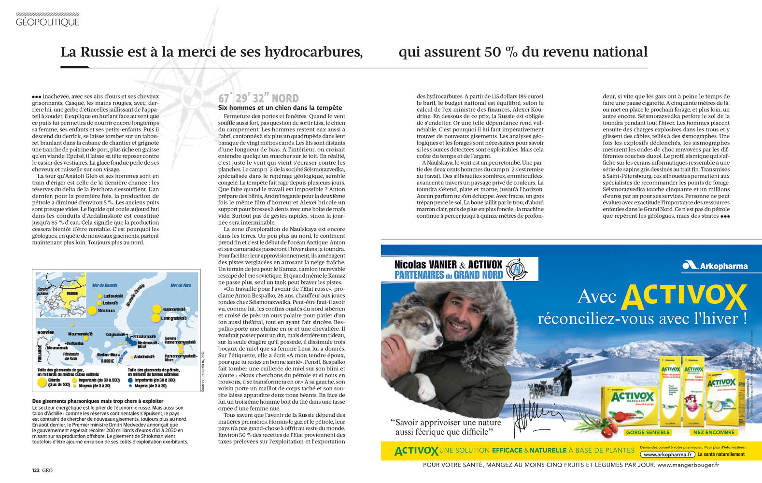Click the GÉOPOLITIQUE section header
coord(47,22)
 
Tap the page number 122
coord(35,470)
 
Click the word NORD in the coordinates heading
coord(285,99)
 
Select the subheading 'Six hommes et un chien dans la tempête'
coord(280,108)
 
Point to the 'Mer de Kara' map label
coord(181,285)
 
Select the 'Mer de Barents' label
coord(104,285)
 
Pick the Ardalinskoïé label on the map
coord(144,356)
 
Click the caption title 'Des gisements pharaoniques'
coord(98,401)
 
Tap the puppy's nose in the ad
coord(437,337)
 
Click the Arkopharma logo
coord(714,265)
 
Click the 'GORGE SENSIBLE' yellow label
coord(648,432)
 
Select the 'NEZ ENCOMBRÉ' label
coord(714,432)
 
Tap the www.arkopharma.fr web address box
coord(668,455)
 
